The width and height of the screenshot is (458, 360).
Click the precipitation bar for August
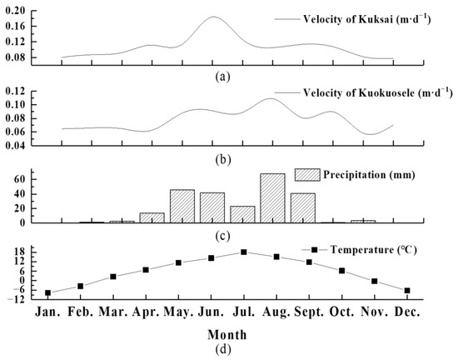[272, 198]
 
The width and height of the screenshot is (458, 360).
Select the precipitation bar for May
[182, 206]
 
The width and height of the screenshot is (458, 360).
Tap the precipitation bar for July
[242, 214]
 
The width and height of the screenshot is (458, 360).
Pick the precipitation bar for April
[152, 217]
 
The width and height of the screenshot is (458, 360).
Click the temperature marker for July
[243, 252]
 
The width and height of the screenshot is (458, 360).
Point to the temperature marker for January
[48, 292]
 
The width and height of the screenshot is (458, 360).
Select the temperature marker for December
[407, 290]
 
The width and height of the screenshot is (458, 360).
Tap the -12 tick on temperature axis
[27, 299]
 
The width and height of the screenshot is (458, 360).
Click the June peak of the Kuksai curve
[213, 17]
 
